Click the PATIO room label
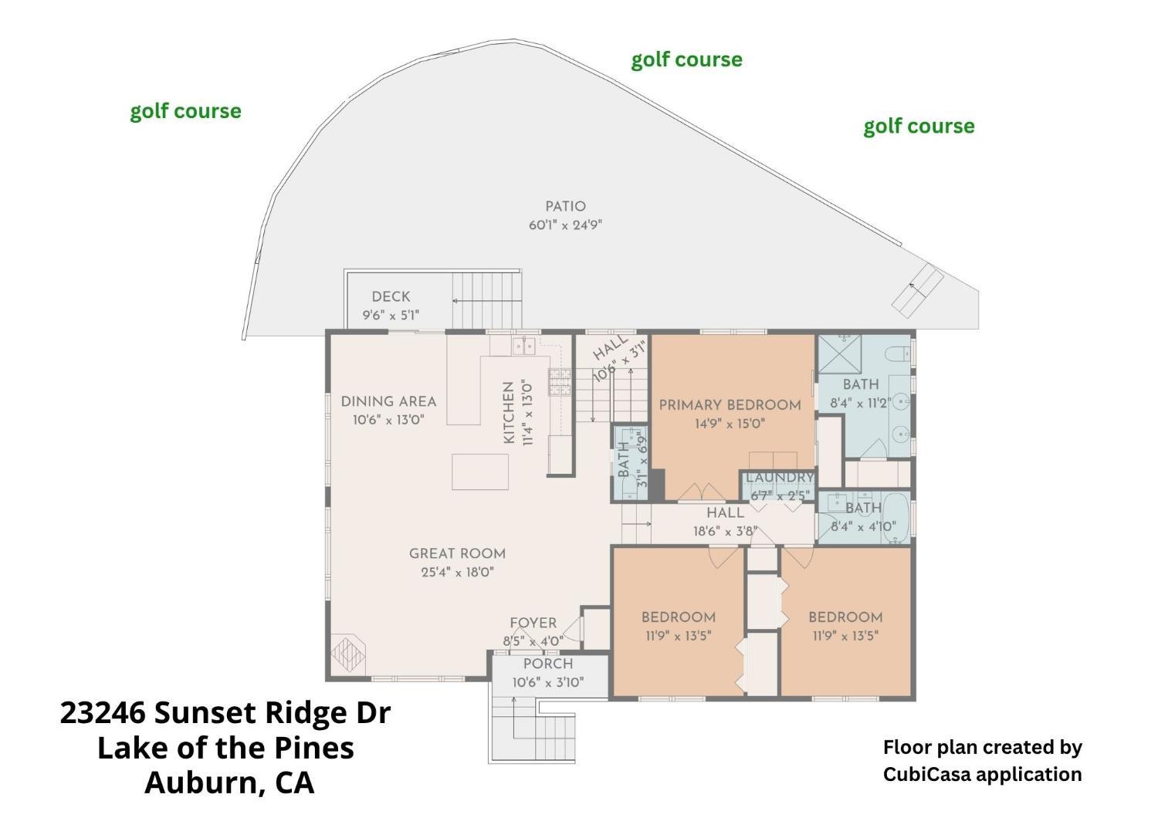pos(566,206)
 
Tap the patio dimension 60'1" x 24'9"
pos(566,225)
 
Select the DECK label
pos(391,296)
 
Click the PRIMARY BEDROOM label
pos(730,405)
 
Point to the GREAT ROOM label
pos(458,553)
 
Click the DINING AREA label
pos(389,401)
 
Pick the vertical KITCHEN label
pos(509,412)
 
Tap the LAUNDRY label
pos(780,478)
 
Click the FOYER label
pos(533,624)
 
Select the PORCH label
pos(548,664)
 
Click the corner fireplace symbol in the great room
pos(348,654)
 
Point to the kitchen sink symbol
pos(523,346)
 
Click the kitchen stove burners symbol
pos(560,382)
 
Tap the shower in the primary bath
pos(840,354)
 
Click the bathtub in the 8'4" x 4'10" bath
pos(896,519)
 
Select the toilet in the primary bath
pos(897,354)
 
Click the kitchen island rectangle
pos(480,472)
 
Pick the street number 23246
pos(103,713)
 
